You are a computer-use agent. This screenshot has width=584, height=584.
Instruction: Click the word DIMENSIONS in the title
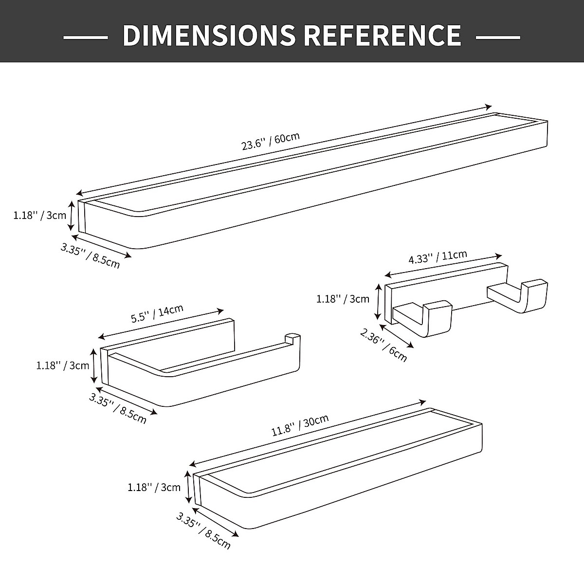209,35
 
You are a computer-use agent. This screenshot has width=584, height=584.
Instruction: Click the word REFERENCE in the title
382,35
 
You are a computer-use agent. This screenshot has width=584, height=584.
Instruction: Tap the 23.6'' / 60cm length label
270,141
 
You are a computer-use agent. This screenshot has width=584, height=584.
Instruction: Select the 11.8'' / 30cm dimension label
300,425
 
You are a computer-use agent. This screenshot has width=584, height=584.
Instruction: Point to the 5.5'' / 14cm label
157,314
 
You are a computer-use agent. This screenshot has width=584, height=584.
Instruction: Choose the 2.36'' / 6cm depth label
383,345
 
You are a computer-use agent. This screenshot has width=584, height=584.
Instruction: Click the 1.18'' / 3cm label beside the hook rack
343,299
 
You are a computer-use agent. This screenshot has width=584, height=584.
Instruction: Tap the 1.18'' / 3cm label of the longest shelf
40,216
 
